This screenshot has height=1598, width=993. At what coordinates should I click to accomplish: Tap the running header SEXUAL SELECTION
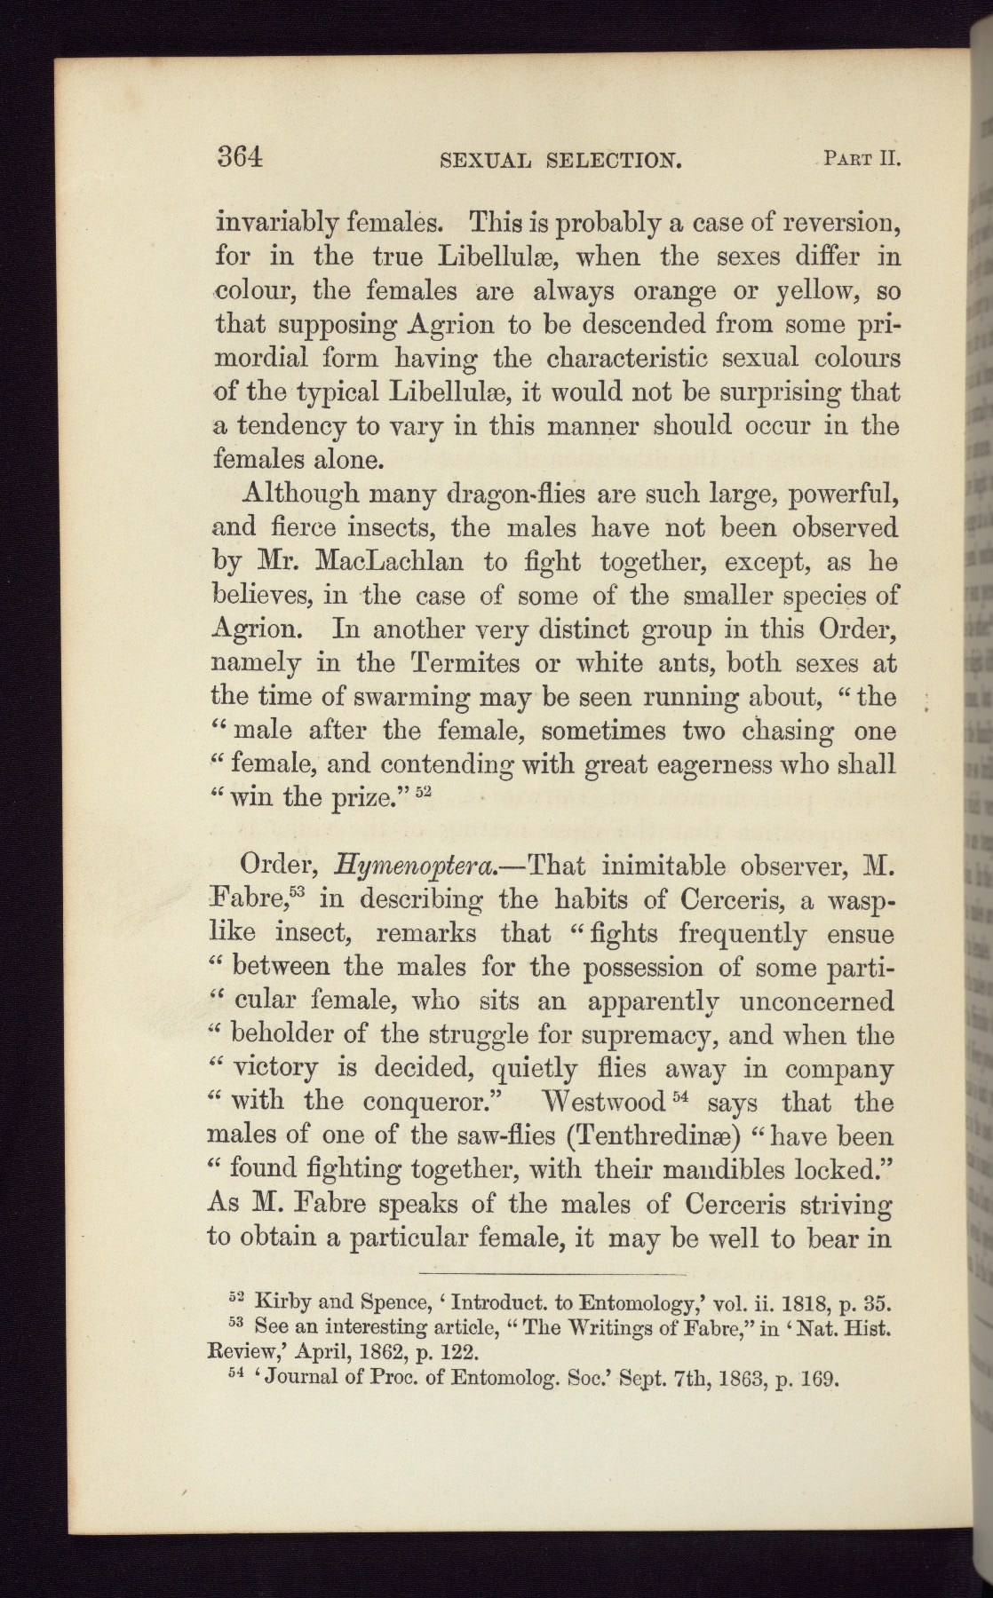[561, 161]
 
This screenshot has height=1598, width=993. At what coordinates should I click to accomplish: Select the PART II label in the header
[862, 160]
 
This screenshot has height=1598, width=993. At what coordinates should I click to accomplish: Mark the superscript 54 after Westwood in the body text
[680, 1096]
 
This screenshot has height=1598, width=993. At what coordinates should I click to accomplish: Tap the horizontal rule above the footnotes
[552, 1272]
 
